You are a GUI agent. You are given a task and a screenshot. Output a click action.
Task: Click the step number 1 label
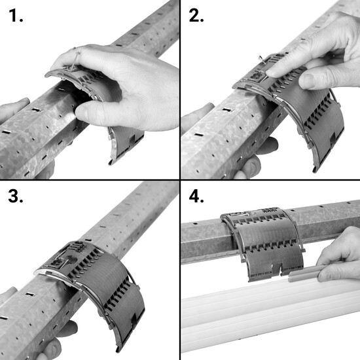(16, 16)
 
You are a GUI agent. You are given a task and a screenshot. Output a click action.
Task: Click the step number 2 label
(196, 16)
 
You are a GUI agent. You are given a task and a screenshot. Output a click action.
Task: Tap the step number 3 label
(16, 196)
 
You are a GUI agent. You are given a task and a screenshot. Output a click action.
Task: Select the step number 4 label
(196, 196)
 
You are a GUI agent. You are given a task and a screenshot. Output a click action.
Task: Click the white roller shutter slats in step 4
(270, 317)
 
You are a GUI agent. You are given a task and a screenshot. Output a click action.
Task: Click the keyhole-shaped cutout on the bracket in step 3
(71, 260)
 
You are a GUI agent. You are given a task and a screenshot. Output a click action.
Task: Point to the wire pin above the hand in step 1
(75, 60)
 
